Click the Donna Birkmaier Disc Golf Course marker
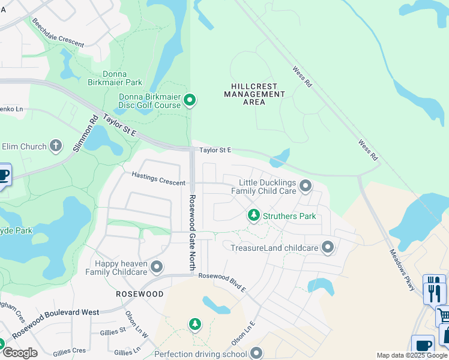(x=190, y=100)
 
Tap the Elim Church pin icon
(x=56, y=146)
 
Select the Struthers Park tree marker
(x=254, y=215)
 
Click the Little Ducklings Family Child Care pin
(x=306, y=186)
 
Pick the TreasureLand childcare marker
(x=328, y=247)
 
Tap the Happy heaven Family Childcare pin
(x=157, y=266)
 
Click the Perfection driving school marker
(x=257, y=353)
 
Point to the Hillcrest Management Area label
(x=255, y=94)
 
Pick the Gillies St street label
(x=108, y=330)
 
